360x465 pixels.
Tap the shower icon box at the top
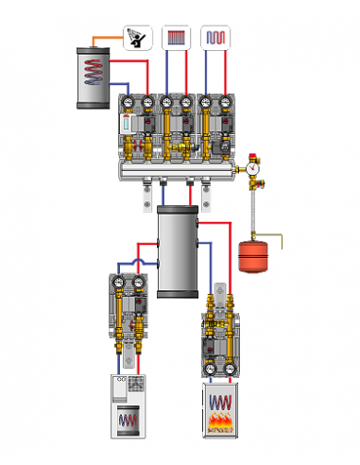coord(138,37)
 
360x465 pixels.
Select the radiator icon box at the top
coord(177,37)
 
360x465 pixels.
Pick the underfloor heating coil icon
coord(215,37)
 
